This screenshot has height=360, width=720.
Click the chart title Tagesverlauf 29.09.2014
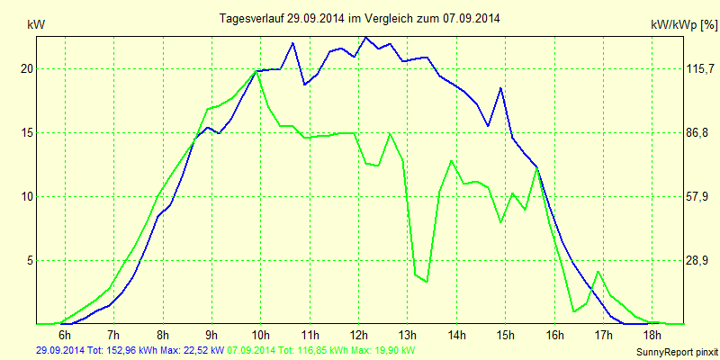(360, 18)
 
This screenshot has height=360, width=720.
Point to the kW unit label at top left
(35, 26)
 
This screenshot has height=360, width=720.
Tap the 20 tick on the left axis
(27, 68)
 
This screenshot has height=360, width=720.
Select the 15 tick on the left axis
(27, 132)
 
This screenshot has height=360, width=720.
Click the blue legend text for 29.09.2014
(131, 349)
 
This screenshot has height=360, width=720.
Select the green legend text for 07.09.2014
(322, 349)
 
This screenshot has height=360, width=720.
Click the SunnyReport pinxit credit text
(676, 351)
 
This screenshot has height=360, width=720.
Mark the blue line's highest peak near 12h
(365, 38)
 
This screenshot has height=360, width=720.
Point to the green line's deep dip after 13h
(426, 282)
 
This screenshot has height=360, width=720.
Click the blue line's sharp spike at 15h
(500, 88)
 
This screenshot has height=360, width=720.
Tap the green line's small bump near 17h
(598, 272)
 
